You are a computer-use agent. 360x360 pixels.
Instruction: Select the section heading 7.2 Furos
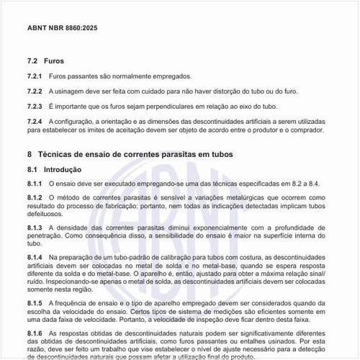point(45,61)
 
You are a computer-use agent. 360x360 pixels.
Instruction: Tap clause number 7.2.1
point(35,76)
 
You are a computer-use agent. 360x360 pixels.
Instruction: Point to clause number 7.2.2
point(35,91)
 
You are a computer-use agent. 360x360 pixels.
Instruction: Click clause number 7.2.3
point(35,107)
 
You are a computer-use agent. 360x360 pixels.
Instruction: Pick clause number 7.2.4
point(35,122)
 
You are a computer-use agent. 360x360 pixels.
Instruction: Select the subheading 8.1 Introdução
point(54,170)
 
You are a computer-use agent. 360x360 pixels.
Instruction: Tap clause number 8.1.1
point(35,184)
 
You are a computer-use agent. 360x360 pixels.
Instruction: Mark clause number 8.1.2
point(35,197)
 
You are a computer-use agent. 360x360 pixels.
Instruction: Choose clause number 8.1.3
point(35,228)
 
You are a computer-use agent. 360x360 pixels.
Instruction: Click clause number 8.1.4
point(35,257)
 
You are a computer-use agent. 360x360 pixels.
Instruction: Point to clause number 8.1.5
point(35,303)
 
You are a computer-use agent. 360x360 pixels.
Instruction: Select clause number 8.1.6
point(35,333)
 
